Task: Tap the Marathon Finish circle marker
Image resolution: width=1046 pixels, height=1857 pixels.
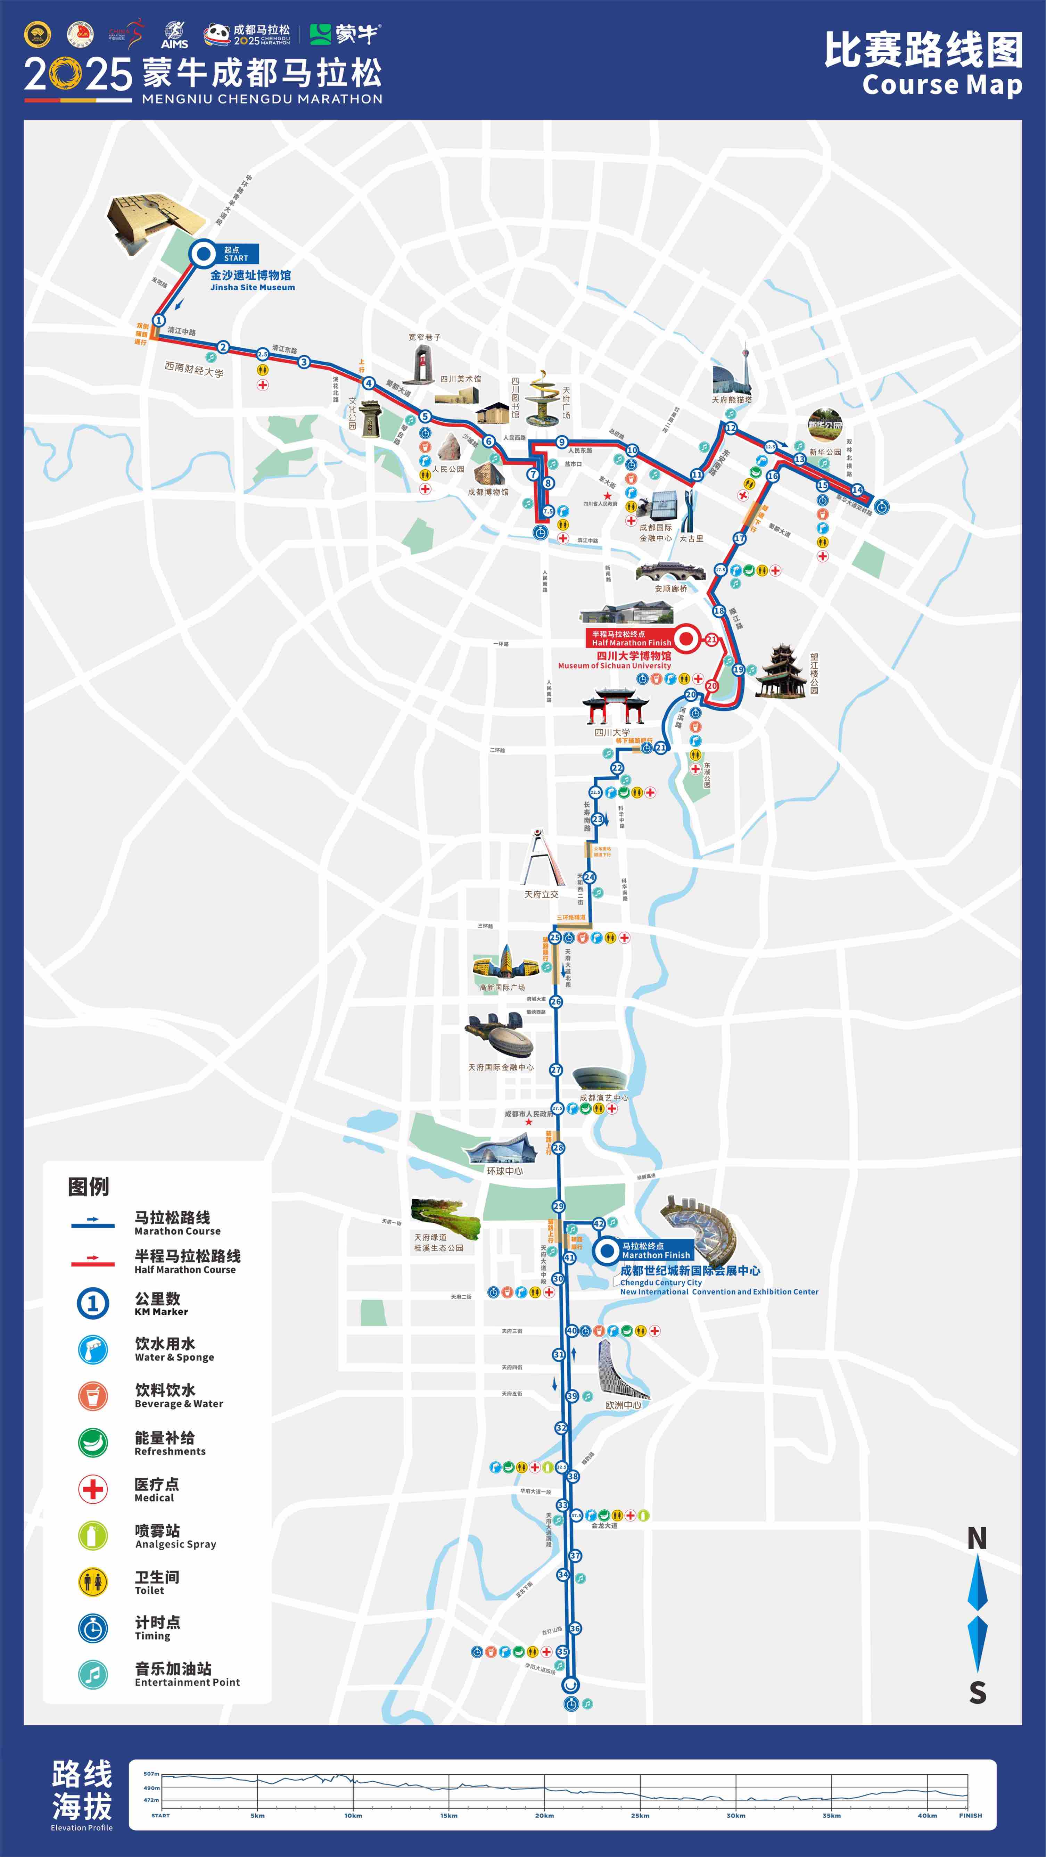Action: (x=607, y=1250)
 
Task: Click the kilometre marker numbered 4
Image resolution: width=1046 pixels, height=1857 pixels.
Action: (x=368, y=383)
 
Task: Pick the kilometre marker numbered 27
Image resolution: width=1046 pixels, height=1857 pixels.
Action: (x=555, y=1070)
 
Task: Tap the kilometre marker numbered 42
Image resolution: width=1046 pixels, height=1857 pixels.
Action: (x=598, y=1223)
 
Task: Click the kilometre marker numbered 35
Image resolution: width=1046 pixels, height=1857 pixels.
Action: (x=562, y=1652)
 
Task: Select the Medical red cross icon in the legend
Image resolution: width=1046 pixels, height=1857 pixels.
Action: (x=92, y=1489)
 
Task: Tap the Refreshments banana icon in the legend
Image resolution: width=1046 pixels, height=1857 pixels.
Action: (x=92, y=1442)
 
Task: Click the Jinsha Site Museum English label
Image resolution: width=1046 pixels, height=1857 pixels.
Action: (x=252, y=287)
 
